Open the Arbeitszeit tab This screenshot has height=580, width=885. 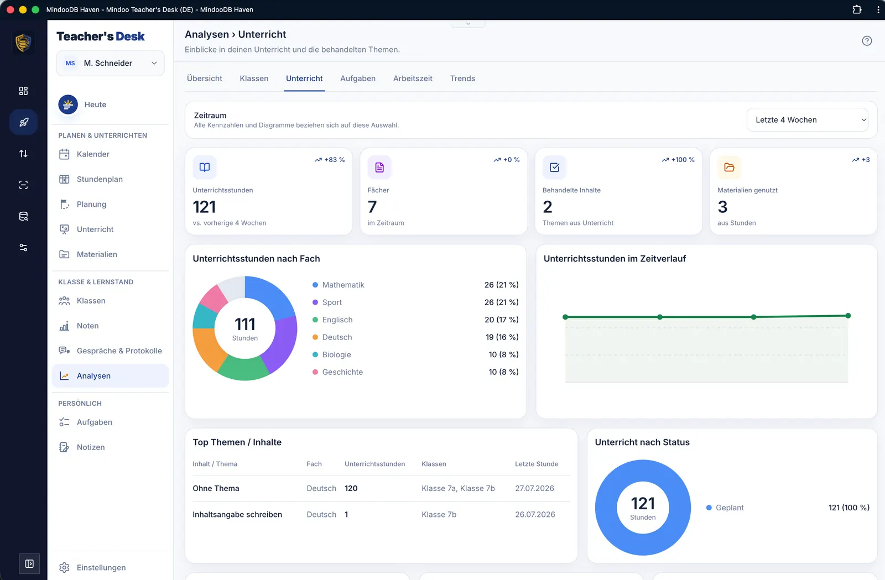pos(413,78)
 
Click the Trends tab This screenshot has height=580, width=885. pos(462,78)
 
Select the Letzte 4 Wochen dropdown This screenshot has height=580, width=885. pos(807,119)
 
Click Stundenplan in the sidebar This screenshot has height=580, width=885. pos(99,179)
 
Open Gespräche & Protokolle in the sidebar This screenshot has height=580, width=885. pos(119,351)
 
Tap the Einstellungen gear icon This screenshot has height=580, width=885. pos(64,567)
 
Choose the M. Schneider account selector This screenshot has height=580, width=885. pos(110,63)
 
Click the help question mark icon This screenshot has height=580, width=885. pos(866,41)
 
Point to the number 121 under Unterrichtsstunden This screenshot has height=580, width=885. pos(204,206)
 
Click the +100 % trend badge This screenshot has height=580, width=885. pos(678,159)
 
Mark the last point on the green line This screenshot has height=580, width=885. pos(848,316)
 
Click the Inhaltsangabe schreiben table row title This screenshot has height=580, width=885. pos(237,514)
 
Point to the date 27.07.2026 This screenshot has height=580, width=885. pos(534,488)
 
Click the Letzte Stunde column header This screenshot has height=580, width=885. pos(536,464)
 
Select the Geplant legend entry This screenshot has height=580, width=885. pos(725,508)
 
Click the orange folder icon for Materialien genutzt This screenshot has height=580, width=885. pos(729,167)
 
